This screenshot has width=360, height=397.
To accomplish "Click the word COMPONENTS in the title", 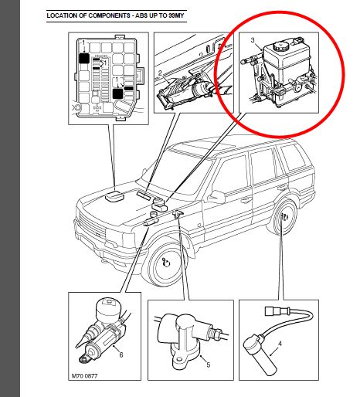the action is click(110, 15).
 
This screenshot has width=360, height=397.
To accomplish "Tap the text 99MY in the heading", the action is click(176, 15).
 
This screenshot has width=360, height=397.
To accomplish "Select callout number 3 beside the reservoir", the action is click(253, 40).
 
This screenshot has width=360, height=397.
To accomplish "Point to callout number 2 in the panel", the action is click(160, 73).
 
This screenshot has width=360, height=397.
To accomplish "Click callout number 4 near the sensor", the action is click(280, 344).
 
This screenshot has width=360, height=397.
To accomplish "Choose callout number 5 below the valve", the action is click(209, 365).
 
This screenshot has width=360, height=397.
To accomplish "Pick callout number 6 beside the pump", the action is click(121, 355).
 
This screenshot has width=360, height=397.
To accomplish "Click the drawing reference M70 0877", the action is click(84, 376).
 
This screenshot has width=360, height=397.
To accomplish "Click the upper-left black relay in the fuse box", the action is click(84, 59).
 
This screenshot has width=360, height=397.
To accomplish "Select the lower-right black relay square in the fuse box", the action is click(118, 93).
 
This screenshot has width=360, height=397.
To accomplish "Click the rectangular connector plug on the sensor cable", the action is click(273, 311).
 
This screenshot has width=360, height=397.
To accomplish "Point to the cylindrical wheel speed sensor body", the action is click(260, 356).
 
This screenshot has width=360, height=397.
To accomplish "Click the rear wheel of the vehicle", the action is click(283, 218).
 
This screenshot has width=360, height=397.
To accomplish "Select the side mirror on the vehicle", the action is click(217, 196).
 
